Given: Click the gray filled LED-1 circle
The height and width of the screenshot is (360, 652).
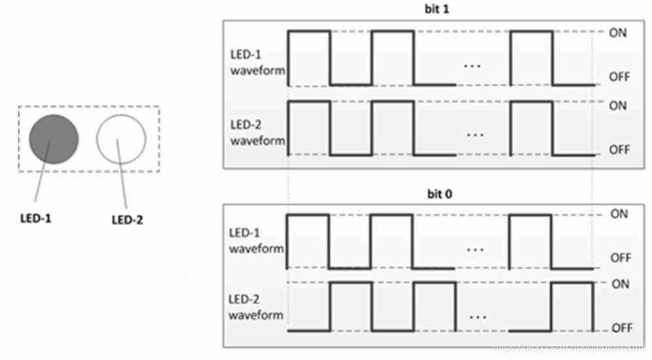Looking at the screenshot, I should click(x=54, y=139).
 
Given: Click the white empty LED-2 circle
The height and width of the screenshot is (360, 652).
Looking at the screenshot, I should click(x=121, y=139).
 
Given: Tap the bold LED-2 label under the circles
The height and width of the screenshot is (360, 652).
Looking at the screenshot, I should click(x=127, y=219).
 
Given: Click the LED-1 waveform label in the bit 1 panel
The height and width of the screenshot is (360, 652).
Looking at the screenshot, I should click(x=257, y=63).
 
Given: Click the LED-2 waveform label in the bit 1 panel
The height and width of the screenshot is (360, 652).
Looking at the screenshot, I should click(x=257, y=133).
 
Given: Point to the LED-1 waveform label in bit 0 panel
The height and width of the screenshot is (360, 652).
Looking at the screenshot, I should click(x=257, y=241).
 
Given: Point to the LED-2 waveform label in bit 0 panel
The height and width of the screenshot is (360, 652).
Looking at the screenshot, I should click(x=257, y=307).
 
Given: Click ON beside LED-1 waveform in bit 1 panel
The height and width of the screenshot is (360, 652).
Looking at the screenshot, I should click(x=618, y=33).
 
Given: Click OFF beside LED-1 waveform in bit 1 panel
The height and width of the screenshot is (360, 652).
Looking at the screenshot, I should click(x=619, y=77).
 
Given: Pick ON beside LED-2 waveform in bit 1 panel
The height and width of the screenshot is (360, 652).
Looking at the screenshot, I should click(x=618, y=105).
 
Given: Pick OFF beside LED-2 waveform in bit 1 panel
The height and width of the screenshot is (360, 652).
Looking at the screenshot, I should click(x=619, y=150).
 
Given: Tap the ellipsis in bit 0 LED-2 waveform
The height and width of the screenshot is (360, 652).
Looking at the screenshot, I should click(x=479, y=316).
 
